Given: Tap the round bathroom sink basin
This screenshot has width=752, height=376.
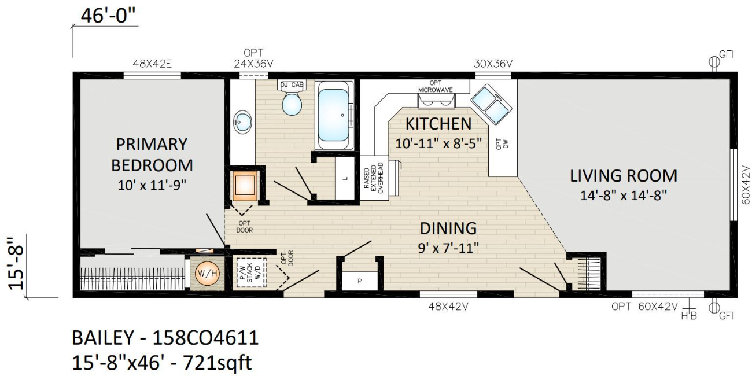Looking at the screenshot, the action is click(243, 122).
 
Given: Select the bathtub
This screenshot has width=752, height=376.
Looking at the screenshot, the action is click(334, 115).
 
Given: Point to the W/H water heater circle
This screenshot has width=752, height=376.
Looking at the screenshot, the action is click(208, 273).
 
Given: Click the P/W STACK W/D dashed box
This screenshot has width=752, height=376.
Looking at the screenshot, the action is click(252, 272).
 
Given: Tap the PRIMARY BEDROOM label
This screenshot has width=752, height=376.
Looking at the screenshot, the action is click(152, 155).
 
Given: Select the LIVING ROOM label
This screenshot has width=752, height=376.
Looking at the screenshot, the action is click(624, 176).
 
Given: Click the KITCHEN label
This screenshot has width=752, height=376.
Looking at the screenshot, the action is click(438, 124).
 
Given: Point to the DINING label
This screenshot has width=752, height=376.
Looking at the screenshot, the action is click(448, 228).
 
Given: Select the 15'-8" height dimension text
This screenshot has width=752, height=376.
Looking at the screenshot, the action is click(16, 263).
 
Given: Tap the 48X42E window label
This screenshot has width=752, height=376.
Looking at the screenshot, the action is click(152, 64).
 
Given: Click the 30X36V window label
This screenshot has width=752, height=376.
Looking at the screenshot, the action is click(493, 64).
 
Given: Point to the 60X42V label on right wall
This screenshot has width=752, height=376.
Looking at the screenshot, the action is click(745, 185).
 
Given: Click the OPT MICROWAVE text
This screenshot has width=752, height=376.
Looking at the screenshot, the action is click(436, 86).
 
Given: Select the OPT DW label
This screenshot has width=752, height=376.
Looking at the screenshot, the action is click(502, 143).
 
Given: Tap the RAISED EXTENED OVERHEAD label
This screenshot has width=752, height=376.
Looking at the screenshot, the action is click(373, 178).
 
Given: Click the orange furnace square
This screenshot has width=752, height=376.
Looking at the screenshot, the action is click(245, 186).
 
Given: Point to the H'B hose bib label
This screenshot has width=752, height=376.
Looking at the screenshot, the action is click(689, 316).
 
